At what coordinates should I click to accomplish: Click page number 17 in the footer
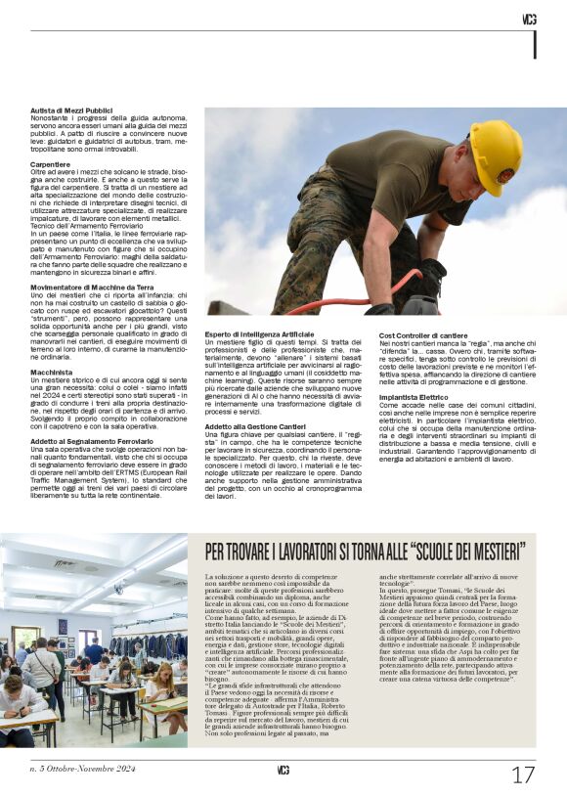click(524, 774)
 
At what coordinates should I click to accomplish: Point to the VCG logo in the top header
click(529, 19)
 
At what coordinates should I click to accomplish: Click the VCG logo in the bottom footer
click(283, 771)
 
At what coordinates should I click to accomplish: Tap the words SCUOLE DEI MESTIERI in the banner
click(466, 549)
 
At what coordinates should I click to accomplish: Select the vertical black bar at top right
click(535, 44)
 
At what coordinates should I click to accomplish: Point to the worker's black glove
click(427, 277)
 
